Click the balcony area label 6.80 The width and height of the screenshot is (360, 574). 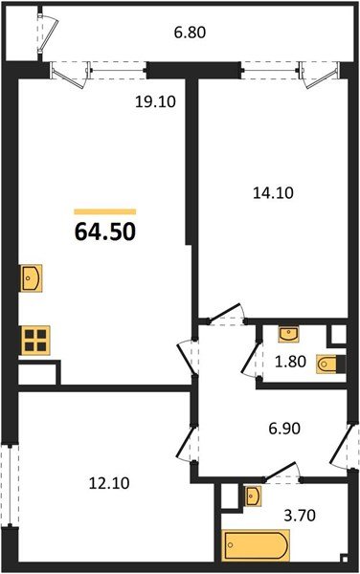190,32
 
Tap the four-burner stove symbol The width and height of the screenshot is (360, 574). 36,340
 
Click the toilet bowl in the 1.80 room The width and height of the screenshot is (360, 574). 327,363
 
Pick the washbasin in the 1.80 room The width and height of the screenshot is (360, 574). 287,333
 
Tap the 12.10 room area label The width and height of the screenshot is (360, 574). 104,482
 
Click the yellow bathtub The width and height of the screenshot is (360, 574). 256,547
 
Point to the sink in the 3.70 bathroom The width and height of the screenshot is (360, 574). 252,495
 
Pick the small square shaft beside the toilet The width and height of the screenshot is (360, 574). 337,335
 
